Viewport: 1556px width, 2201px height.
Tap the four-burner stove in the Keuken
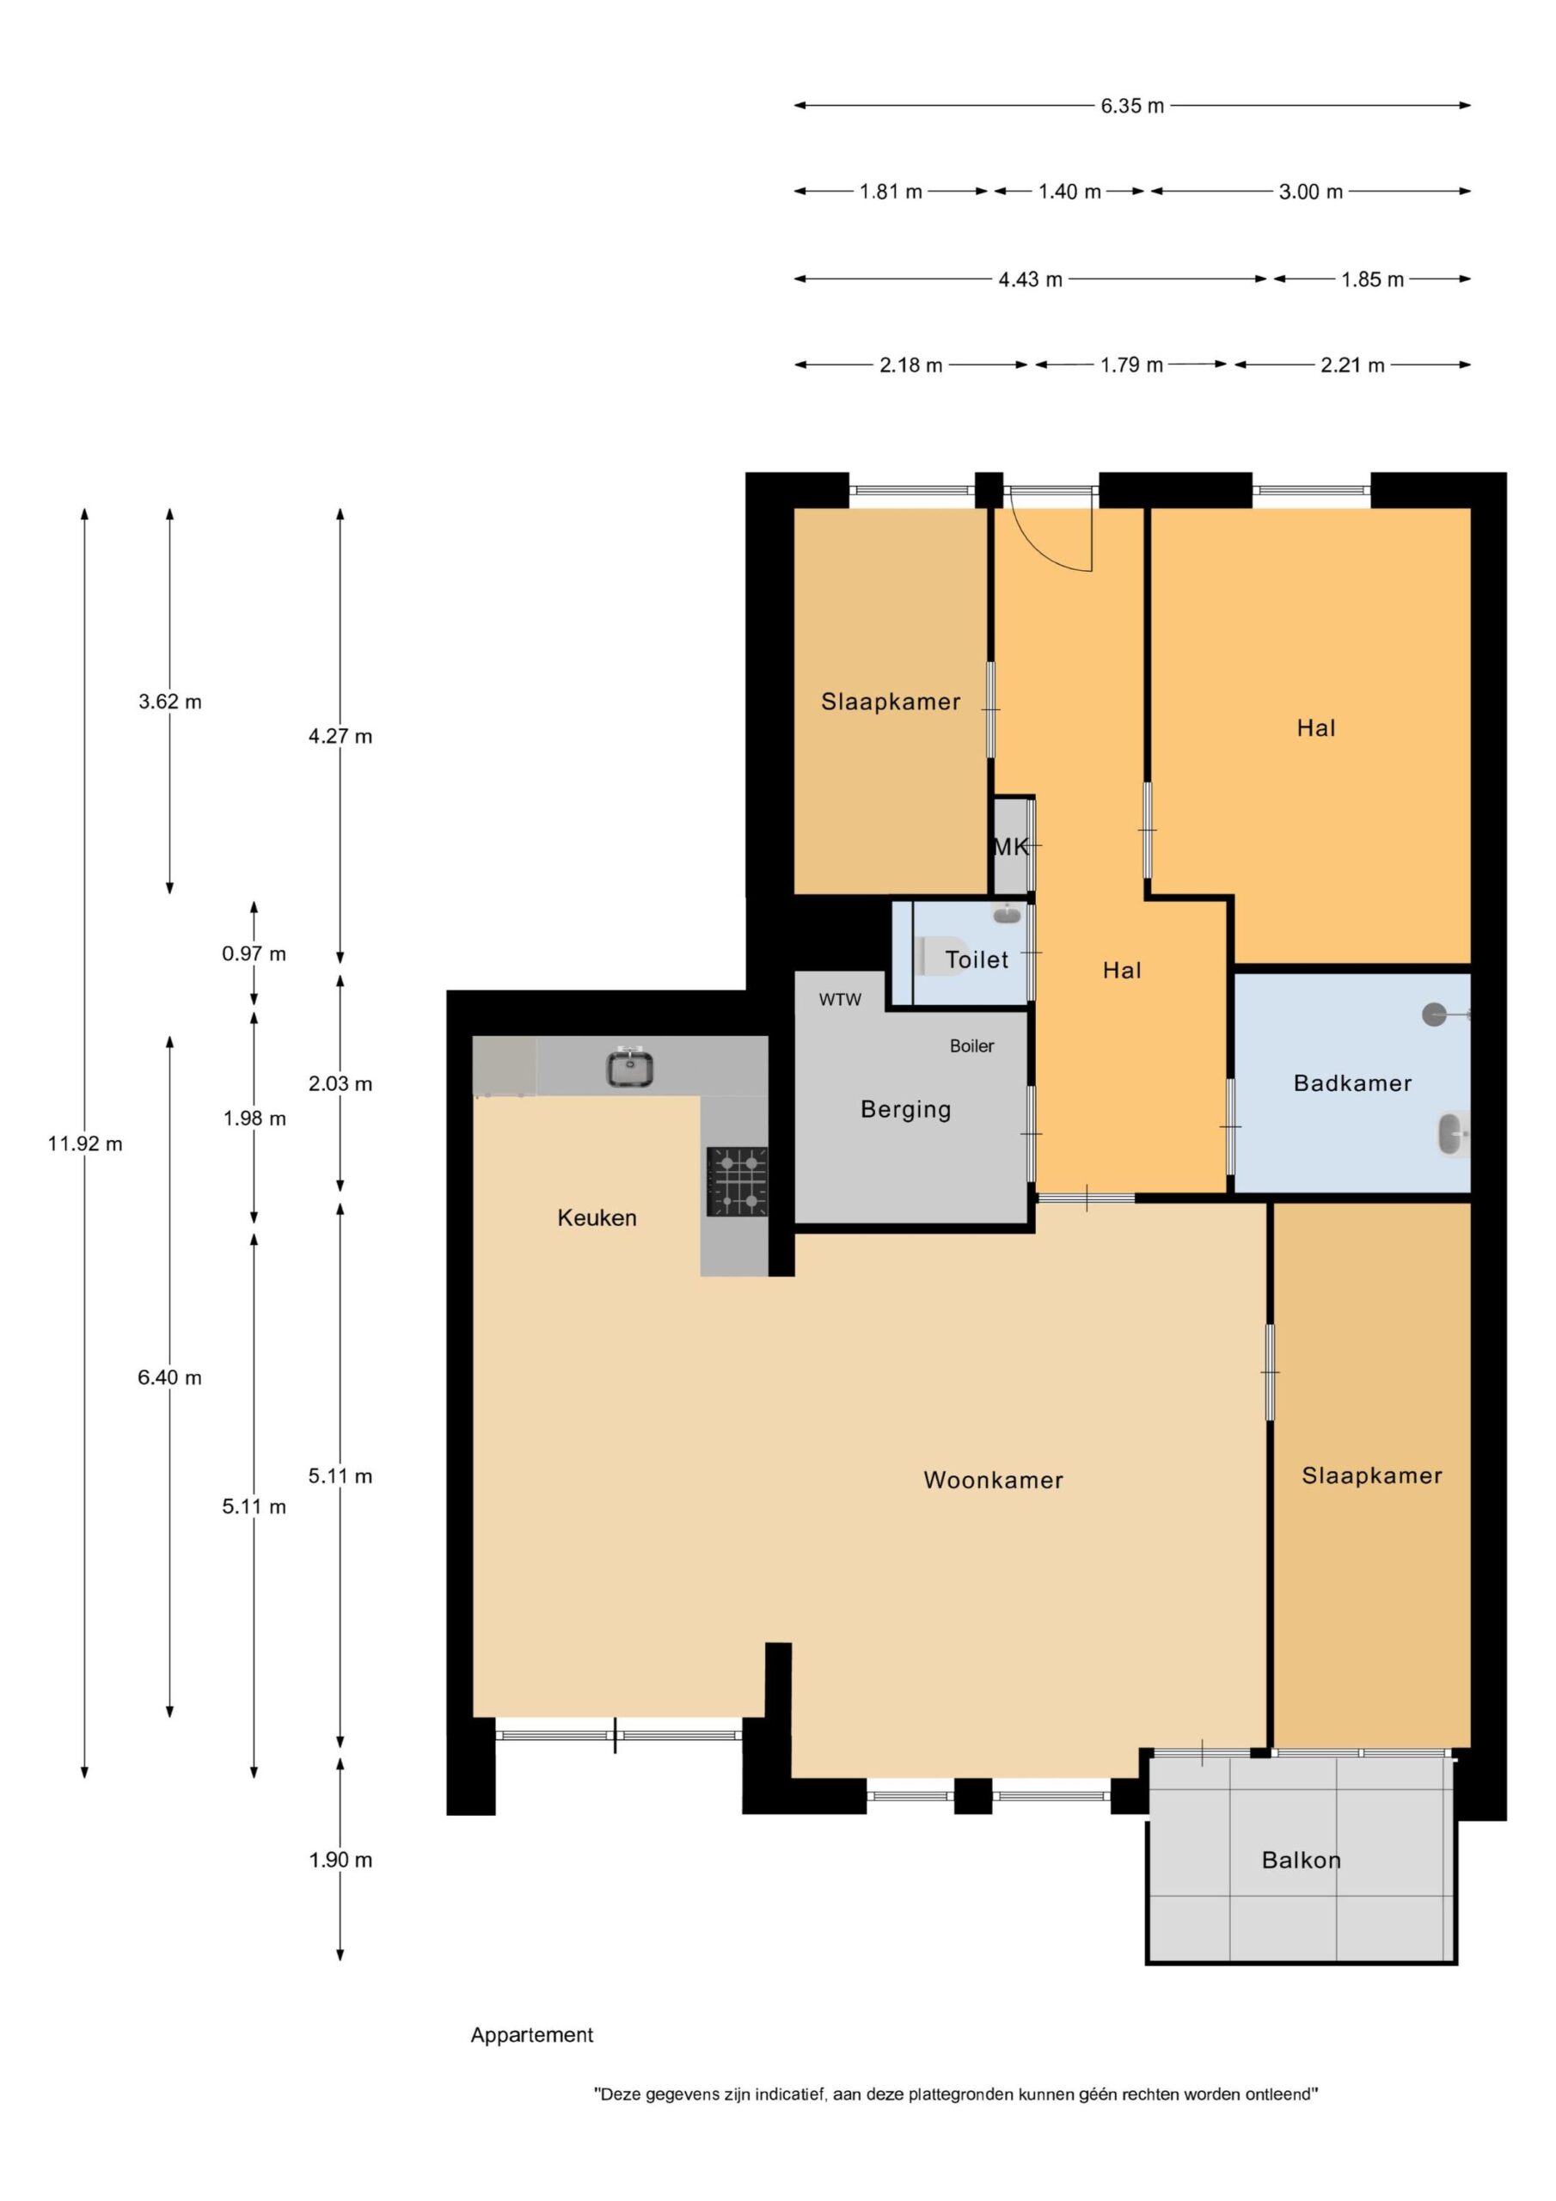point(738,1181)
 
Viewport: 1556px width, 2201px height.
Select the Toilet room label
point(976,959)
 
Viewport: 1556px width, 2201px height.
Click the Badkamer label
point(1351,1083)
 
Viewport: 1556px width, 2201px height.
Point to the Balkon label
point(1301,1860)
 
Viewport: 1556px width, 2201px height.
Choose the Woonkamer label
point(993,1481)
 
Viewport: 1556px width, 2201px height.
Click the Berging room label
point(906,1110)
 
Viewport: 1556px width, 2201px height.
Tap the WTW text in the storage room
point(840,1000)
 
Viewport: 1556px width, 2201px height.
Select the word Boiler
point(972,1045)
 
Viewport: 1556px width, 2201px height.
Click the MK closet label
point(1010,847)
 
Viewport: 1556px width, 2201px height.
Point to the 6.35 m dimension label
point(1132,106)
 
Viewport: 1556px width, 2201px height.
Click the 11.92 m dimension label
point(85,1143)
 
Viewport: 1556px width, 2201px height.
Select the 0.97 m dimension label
point(254,953)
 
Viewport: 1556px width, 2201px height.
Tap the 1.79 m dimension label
point(1131,365)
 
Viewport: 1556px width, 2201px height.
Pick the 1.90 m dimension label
point(340,1860)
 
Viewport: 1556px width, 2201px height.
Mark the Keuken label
point(597,1217)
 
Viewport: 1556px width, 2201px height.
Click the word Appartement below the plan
point(532,2034)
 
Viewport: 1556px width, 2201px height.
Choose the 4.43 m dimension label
point(1031,280)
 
